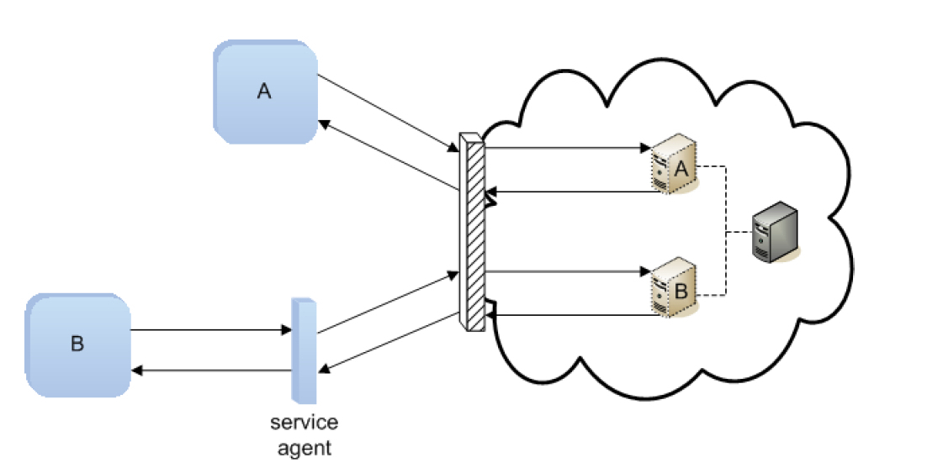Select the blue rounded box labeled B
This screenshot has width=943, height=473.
tap(78, 344)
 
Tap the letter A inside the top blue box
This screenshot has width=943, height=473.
tap(264, 92)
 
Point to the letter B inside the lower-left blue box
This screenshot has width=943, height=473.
tap(77, 344)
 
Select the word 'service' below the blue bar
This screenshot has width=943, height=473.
tap(304, 423)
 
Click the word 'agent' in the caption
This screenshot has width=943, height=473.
tap(304, 448)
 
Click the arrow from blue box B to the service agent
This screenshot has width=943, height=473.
tap(210, 330)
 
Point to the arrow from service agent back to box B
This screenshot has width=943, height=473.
tap(210, 371)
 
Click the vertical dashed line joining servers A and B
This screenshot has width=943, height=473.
tap(725, 231)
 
